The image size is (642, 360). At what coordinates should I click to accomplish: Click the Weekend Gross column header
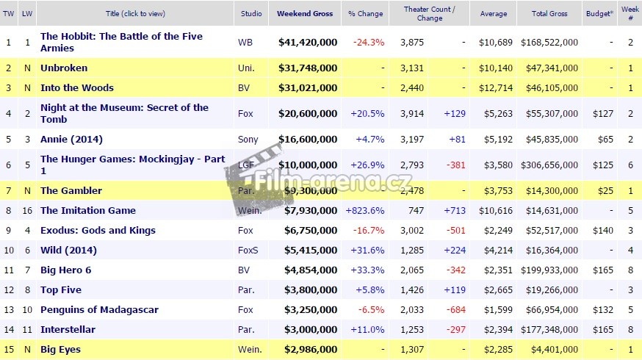click(305, 13)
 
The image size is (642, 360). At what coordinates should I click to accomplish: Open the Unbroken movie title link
click(64, 68)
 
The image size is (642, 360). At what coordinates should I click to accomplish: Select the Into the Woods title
click(77, 88)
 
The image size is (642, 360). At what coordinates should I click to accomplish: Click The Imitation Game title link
click(88, 211)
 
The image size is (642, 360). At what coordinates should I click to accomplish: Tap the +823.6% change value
click(365, 211)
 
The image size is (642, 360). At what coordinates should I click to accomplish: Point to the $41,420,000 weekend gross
click(308, 43)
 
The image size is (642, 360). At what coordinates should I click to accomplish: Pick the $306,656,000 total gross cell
click(549, 165)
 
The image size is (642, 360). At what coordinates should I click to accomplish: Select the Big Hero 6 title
click(66, 270)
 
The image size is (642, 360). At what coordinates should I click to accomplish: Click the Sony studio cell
click(248, 140)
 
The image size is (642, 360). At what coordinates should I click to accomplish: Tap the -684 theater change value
click(455, 310)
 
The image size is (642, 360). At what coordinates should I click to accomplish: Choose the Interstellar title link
click(67, 330)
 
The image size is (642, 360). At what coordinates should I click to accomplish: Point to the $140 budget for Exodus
click(603, 231)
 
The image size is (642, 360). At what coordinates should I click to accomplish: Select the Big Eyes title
click(60, 350)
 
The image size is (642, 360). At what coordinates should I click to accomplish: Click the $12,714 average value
click(493, 88)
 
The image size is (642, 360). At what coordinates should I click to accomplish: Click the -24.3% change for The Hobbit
click(369, 43)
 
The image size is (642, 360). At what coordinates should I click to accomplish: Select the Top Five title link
click(60, 290)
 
